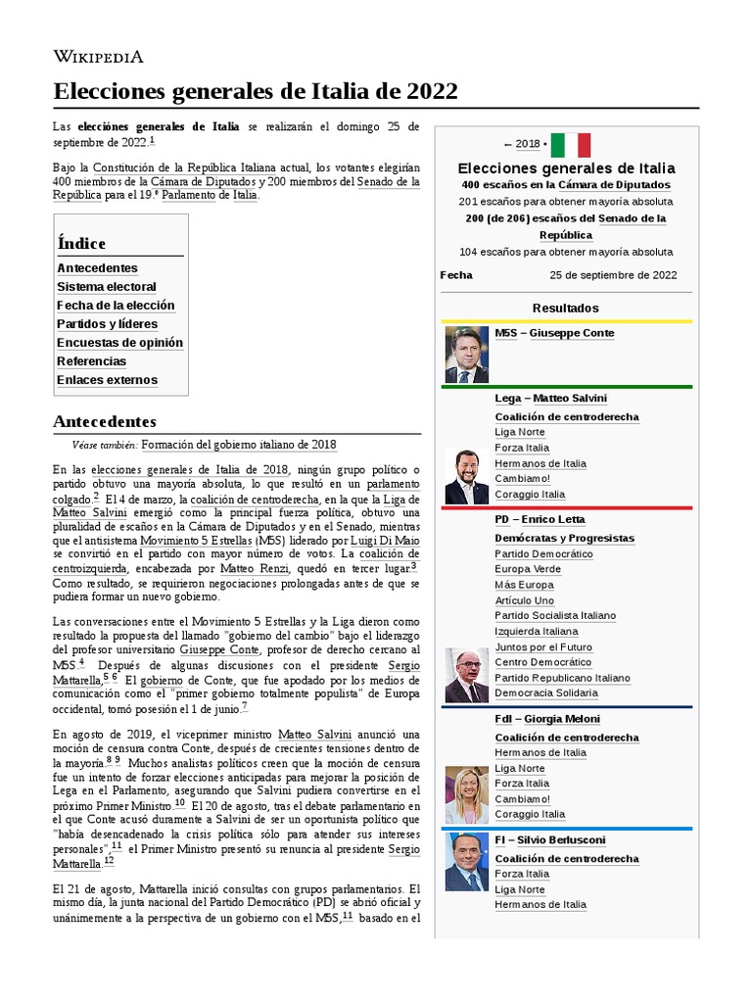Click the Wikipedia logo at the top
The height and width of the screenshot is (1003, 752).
click(98, 57)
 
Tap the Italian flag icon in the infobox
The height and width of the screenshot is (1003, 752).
click(570, 145)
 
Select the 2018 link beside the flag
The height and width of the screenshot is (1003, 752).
click(528, 144)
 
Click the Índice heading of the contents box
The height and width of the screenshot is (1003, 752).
click(81, 243)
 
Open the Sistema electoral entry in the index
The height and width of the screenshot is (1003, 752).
click(106, 287)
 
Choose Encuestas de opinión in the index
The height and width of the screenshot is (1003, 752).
click(119, 343)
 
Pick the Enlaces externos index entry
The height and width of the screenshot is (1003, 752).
click(107, 380)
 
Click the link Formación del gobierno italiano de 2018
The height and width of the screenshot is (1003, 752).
click(238, 444)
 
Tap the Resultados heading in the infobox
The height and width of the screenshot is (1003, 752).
click(565, 308)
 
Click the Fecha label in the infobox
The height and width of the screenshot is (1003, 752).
click(456, 275)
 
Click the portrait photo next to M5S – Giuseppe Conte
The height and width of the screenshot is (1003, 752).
click(466, 355)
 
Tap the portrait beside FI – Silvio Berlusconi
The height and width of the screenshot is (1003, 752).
click(466, 862)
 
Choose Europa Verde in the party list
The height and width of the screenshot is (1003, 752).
click(528, 569)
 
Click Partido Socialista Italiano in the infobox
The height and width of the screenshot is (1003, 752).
click(555, 616)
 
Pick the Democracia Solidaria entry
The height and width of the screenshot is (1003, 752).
click(545, 693)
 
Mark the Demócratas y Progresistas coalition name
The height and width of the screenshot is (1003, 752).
click(564, 538)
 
